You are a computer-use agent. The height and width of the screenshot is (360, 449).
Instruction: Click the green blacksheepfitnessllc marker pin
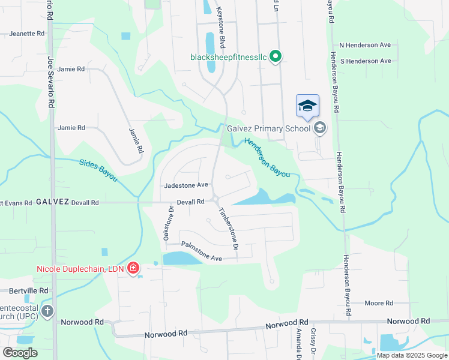click(x=276, y=57)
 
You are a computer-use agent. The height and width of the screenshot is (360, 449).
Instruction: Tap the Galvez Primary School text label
click(x=268, y=128)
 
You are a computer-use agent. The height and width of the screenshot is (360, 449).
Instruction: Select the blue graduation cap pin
click(x=307, y=106)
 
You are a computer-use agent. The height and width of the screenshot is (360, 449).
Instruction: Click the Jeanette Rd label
click(x=27, y=34)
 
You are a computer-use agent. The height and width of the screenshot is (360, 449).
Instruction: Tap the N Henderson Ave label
click(x=365, y=45)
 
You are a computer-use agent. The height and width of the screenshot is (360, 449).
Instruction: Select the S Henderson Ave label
click(x=365, y=61)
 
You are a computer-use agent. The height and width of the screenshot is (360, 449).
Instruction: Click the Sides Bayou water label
click(x=98, y=170)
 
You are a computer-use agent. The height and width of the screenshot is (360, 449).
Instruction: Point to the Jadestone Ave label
click(x=186, y=185)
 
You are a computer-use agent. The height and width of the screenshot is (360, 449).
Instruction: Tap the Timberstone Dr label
click(x=229, y=230)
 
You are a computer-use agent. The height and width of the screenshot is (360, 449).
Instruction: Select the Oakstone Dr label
click(x=169, y=224)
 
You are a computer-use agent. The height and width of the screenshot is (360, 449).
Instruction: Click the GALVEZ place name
click(x=52, y=202)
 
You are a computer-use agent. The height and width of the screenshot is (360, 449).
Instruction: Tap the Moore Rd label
click(x=378, y=304)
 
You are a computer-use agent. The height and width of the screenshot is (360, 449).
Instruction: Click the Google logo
click(x=20, y=353)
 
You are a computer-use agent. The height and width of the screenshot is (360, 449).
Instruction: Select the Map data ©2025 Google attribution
click(x=412, y=355)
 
